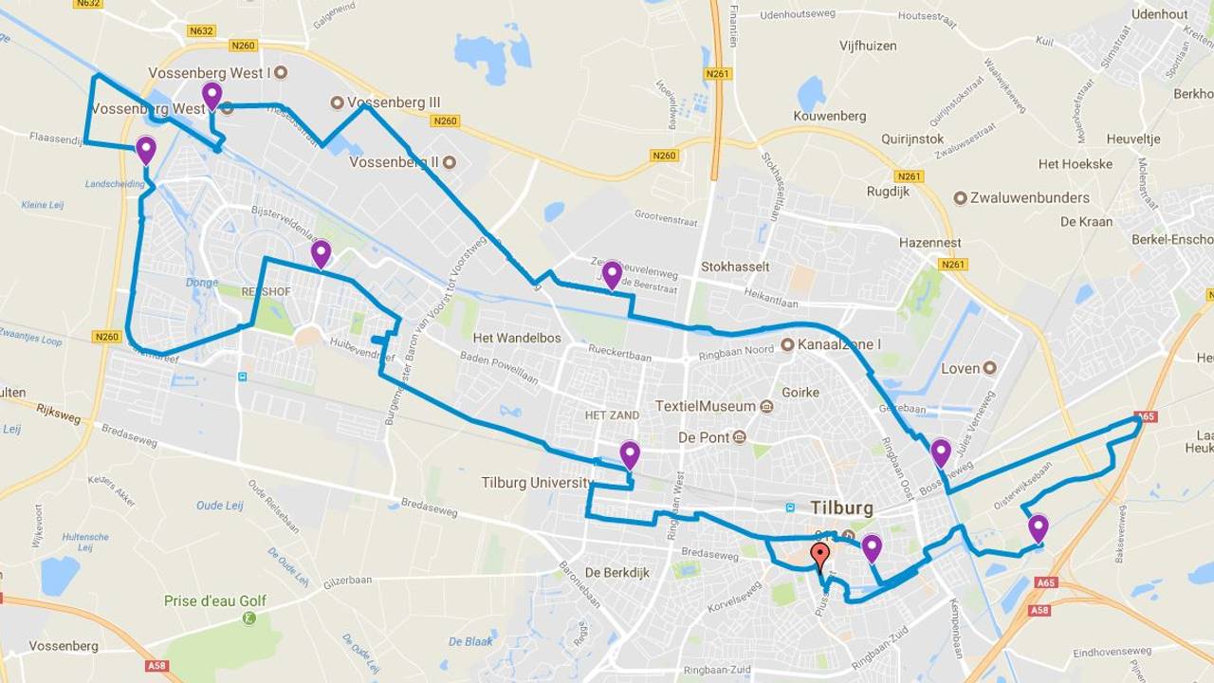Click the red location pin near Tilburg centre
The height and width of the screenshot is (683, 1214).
point(820,555)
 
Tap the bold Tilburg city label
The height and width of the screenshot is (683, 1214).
point(841,508)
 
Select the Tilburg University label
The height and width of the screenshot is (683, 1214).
point(537,483)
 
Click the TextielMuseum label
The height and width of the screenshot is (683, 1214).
point(705,406)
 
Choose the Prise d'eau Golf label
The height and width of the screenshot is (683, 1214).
point(215,600)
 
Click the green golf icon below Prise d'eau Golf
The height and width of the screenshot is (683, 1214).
point(249,618)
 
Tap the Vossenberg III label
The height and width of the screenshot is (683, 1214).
point(394,102)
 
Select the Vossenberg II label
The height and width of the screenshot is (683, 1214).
point(394,162)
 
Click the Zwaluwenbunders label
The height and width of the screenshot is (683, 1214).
point(1029,198)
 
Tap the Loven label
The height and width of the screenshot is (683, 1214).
point(960,368)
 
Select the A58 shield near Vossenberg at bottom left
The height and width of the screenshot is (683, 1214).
point(156,666)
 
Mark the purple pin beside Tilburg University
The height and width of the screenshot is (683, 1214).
point(630,454)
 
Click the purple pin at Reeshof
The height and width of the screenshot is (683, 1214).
point(321,253)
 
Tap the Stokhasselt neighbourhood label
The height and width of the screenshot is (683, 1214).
point(735,267)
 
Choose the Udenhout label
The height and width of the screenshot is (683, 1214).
point(1159,14)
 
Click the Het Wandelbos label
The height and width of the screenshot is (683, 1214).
point(517,338)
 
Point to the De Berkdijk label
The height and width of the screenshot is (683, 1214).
point(616,573)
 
